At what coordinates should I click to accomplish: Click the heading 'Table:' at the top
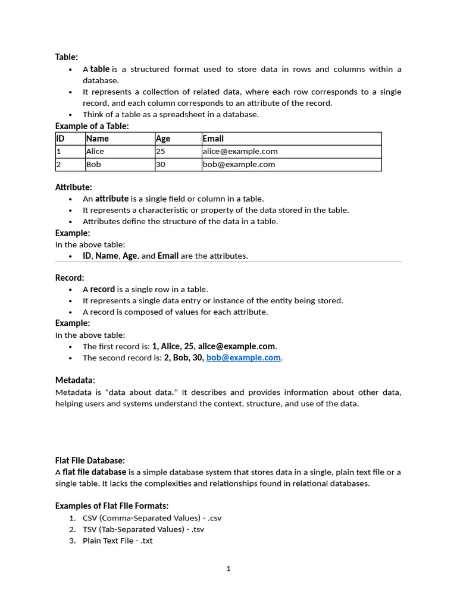pos(67,57)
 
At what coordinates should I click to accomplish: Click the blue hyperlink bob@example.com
pos(243,358)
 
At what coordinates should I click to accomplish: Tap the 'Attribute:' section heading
pos(74,187)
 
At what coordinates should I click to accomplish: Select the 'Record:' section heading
pos(70,278)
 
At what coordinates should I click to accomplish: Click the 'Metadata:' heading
pos(75,380)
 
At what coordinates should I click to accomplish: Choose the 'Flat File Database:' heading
pos(90,461)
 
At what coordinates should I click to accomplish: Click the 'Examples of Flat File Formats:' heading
pos(112,506)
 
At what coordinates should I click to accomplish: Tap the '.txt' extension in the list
pos(146,541)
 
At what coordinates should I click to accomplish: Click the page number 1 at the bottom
pos(228,569)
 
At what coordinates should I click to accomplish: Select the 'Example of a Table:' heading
pos(92,126)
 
